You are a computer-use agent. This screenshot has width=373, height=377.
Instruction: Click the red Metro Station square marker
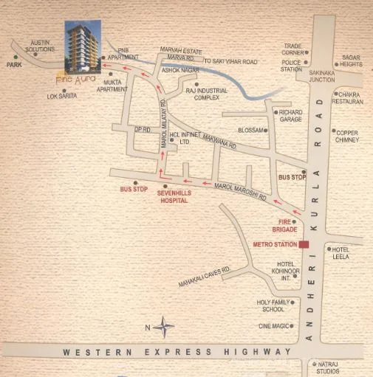pos(304,244)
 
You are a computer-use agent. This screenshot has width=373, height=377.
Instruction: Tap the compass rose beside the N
pos(165,328)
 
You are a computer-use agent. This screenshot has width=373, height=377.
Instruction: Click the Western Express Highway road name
pos(177,353)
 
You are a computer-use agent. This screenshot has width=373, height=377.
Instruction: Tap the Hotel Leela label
pos(341,253)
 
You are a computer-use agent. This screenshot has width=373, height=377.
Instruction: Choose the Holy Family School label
pos(270,305)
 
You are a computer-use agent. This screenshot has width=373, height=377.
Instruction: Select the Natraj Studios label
pos(331,367)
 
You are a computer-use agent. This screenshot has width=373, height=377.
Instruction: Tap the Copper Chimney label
pos(346,136)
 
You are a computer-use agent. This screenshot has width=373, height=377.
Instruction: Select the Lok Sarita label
pos(61,96)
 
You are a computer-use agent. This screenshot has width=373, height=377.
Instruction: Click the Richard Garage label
pos(290,115)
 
